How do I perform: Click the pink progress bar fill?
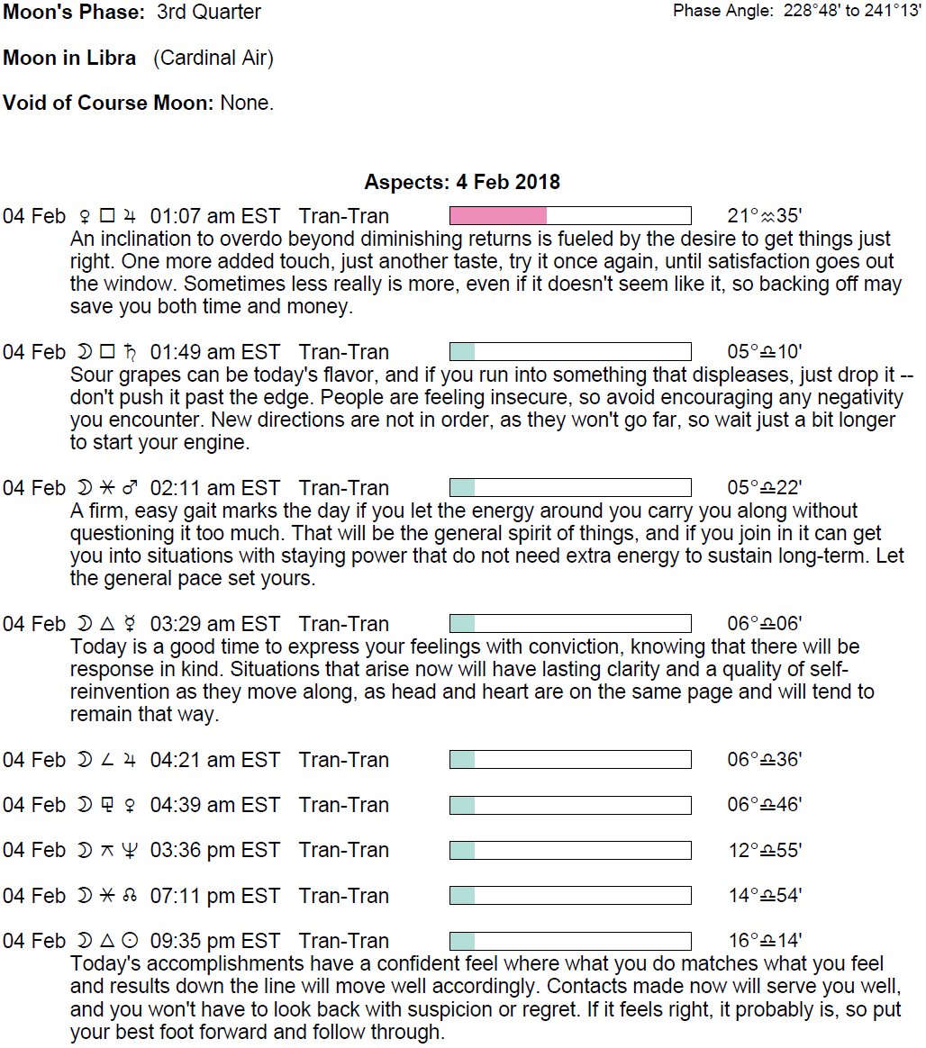498,216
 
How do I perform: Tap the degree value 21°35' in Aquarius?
764,216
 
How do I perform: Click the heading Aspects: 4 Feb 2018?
462,182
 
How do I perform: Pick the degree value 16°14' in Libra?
764,941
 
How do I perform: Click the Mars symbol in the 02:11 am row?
130,488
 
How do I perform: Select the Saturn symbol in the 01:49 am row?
130,352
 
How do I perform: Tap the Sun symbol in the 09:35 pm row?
130,941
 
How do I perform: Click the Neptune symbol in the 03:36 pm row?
130,851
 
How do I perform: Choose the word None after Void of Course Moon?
245,103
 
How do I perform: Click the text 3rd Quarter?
208,13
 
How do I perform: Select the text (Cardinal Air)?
213,59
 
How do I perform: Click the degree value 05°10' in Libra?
764,352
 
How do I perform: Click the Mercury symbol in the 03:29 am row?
130,624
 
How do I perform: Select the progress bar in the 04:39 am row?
570,805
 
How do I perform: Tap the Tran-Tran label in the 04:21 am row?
344,760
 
